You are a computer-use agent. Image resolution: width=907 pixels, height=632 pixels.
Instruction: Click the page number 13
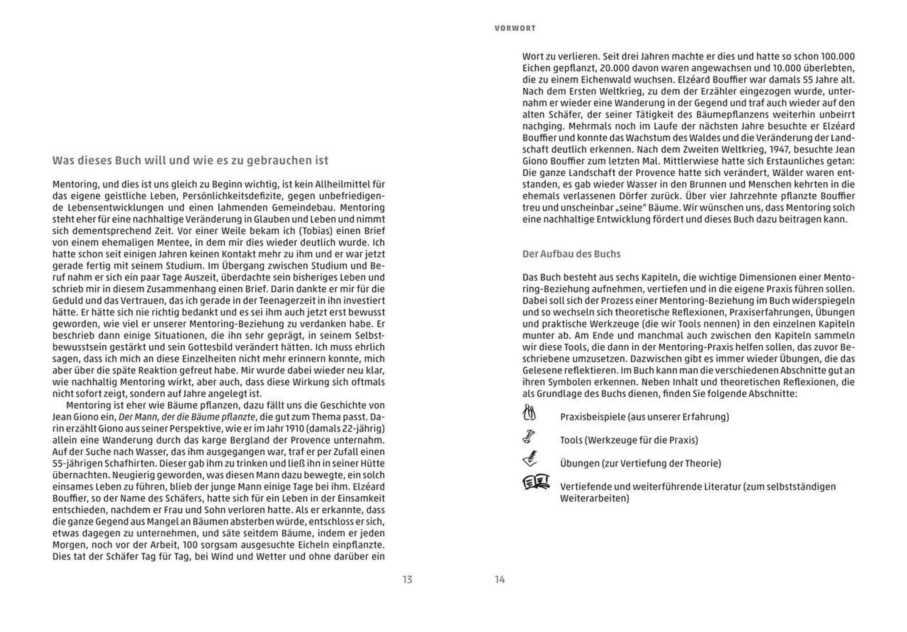(407, 579)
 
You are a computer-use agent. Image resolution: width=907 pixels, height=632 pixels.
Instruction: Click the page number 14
(500, 579)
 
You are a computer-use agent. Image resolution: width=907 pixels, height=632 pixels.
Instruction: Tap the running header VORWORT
(515, 28)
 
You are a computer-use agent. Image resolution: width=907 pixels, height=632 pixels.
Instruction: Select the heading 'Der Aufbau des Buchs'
(571, 254)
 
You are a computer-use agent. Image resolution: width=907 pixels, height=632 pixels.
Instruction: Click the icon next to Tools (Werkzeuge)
(528, 437)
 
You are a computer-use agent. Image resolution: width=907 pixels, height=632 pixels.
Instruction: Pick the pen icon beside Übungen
(529, 459)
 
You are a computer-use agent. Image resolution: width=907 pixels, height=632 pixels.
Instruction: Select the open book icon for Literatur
(536, 482)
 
